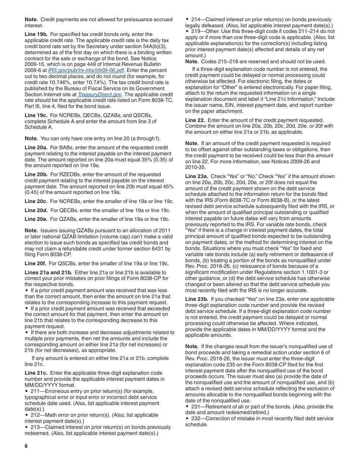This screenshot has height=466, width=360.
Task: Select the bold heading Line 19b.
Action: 36,34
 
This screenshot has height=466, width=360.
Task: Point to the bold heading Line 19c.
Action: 36,115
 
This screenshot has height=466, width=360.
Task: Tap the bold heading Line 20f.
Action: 36,263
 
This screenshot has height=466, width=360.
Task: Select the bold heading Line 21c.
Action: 36,373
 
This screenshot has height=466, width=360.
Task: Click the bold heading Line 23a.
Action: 197,176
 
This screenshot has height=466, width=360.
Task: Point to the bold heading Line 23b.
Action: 197,299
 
